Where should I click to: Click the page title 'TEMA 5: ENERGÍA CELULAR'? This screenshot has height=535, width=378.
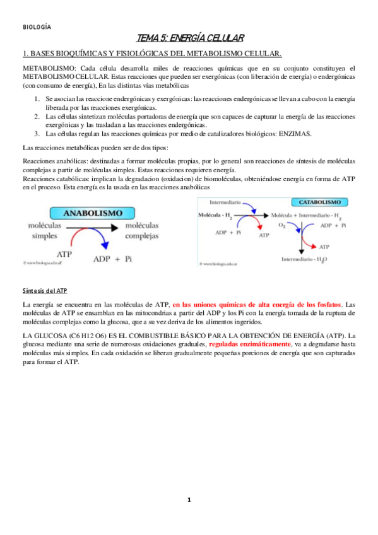pyautogui.click(x=190, y=39)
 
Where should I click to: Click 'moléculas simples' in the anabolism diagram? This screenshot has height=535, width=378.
pyautogui.click(x=45, y=230)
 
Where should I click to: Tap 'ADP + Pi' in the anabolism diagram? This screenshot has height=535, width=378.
pyautogui.click(x=115, y=259)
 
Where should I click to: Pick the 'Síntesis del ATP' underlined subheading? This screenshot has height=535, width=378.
pyautogui.click(x=44, y=290)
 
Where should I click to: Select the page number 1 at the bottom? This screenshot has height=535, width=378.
pyautogui.click(x=189, y=500)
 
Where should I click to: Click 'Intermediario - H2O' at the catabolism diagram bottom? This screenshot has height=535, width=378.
pyautogui.click(x=302, y=259)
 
